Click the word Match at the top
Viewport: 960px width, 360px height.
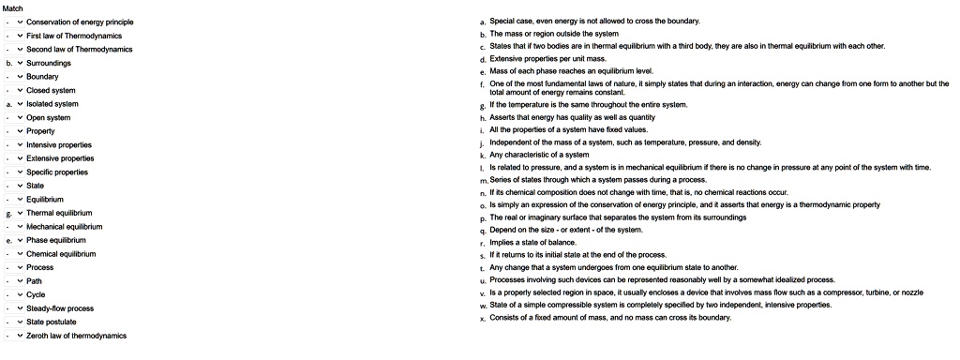(13, 7)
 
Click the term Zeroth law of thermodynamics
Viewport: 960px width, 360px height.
(76, 336)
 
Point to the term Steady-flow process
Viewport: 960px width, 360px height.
(60, 308)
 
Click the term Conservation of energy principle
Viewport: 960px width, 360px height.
(80, 22)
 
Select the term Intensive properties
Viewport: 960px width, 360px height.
(59, 144)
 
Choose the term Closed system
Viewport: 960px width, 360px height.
(51, 90)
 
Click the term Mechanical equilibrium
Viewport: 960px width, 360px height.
(65, 226)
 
